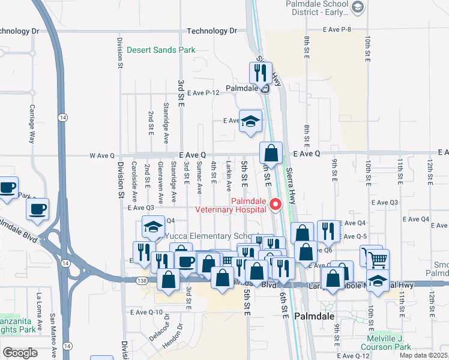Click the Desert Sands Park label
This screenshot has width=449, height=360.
160,50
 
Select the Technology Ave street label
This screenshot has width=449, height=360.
212,31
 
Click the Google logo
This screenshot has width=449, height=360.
20,352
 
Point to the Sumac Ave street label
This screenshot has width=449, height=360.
199,178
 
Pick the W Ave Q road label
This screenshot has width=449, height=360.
101,155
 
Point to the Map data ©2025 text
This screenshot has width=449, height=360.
424,355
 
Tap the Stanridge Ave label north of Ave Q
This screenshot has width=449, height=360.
166,119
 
